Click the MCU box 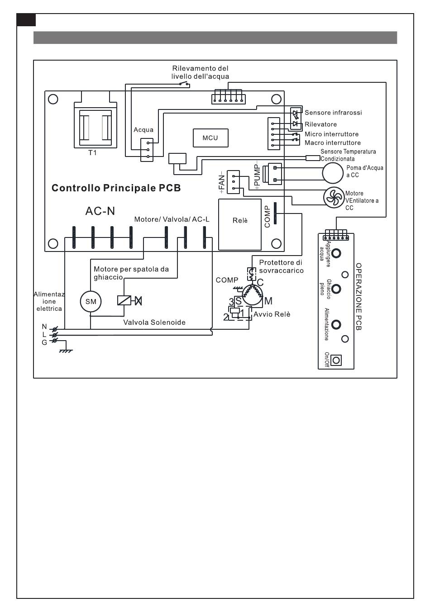click(210, 138)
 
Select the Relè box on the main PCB click(240, 224)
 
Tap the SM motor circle click(91, 302)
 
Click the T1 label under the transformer click(92, 153)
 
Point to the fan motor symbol click(334, 197)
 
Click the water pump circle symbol click(332, 173)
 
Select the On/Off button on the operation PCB click(336, 360)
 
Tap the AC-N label click(100, 211)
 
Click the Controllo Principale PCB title click(116, 188)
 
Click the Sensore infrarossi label click(333, 113)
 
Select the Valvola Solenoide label click(154, 323)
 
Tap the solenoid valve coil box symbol click(124, 300)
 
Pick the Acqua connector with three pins click(147, 150)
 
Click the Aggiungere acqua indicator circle click(336, 253)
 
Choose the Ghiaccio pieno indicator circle click(336, 289)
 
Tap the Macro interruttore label click(333, 142)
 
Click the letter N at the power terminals click(44, 327)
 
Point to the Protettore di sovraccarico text click(281, 267)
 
